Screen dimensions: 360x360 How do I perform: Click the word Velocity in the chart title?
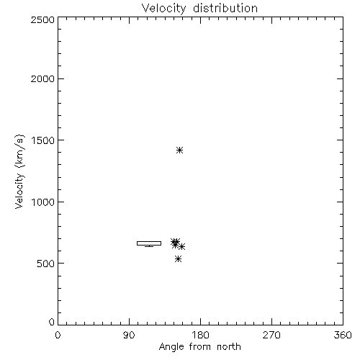[163, 9]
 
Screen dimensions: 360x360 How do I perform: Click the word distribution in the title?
[225, 8]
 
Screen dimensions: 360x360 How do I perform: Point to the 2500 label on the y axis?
[42, 19]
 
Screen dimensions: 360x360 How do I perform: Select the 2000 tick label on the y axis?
[42, 78]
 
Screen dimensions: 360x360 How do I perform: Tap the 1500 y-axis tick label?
[43, 140]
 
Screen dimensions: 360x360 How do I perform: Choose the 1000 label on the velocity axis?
[43, 202]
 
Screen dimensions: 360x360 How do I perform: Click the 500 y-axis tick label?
[46, 264]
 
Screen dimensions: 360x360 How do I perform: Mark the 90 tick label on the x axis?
[129, 335]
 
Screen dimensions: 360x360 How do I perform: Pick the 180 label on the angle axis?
[200, 335]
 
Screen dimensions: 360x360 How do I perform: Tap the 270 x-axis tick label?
[271, 335]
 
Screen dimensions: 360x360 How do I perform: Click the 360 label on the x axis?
[343, 335]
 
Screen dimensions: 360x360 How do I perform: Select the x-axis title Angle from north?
[200, 347]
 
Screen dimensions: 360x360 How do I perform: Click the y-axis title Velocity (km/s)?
[19, 171]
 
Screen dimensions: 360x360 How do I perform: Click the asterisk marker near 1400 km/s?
[180, 150]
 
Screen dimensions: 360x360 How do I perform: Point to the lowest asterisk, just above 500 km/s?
[178, 258]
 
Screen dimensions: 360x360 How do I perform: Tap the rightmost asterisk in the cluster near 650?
[181, 246]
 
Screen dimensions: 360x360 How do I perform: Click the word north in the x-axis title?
[229, 347]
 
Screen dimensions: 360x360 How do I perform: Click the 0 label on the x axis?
[58, 335]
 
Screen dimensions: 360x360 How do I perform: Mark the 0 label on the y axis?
[52, 322]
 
